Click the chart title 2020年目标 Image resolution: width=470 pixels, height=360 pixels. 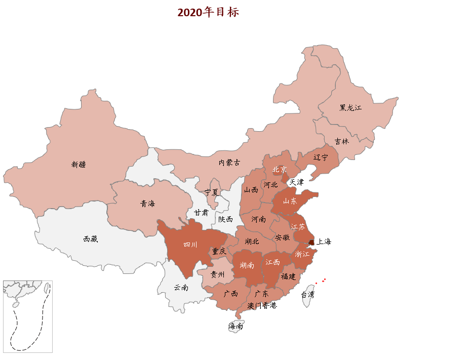[208, 12]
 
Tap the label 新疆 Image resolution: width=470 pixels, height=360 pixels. [79, 164]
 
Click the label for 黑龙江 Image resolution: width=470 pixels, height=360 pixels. [350, 107]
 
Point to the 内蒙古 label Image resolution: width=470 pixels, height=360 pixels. [229, 163]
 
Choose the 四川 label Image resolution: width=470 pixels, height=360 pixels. [190, 245]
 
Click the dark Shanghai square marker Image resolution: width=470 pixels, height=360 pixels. [311, 243]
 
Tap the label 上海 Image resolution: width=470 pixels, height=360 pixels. [324, 242]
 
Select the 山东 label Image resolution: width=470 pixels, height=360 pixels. [290, 201]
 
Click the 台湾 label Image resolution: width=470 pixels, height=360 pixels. [307, 294]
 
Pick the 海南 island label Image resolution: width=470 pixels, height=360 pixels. [236, 327]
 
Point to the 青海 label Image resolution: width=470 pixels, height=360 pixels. [148, 204]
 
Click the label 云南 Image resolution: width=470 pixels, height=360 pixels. [181, 288]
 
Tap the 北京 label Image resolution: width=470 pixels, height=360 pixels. [280, 169]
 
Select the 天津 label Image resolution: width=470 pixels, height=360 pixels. [296, 182]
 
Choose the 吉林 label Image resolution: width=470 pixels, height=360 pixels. [342, 141]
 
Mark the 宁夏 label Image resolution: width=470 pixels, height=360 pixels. [212, 192]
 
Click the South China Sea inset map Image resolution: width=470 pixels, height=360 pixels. [27, 316]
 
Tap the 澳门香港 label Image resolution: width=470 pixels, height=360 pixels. [262, 305]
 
